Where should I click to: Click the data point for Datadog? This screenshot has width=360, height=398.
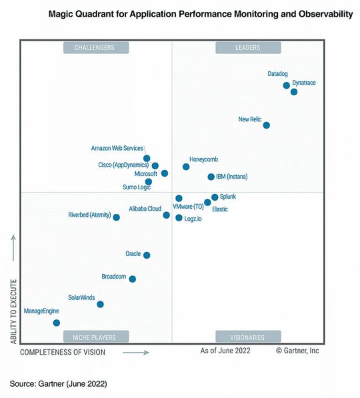click(x=287, y=85)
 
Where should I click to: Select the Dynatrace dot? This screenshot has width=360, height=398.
click(x=294, y=92)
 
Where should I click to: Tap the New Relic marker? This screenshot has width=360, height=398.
click(x=267, y=125)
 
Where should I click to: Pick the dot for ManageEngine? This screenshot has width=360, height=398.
click(x=57, y=323)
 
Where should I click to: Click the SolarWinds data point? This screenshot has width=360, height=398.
click(x=101, y=304)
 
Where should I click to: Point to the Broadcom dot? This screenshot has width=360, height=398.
click(x=133, y=279)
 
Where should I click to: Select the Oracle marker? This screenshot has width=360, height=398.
click(x=147, y=255)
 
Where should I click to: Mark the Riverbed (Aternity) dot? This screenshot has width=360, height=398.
click(x=117, y=217)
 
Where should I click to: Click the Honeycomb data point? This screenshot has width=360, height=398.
click(x=186, y=167)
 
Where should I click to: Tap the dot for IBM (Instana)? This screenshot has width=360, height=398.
click(x=211, y=177)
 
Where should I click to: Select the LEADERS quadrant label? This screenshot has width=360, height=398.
click(x=248, y=47)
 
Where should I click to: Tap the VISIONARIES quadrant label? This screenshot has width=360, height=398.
click(x=248, y=337)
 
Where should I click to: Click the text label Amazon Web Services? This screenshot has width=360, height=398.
click(x=117, y=148)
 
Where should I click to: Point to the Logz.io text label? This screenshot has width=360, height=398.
click(x=194, y=219)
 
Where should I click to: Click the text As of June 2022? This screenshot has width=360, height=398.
click(x=225, y=350)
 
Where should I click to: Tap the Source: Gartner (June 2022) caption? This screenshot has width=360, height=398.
click(x=58, y=384)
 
